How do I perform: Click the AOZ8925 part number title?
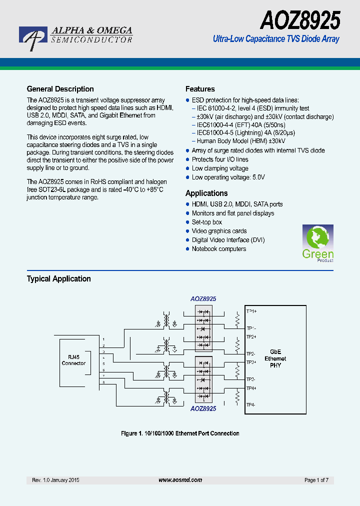[x=300, y=21]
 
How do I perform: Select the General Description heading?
[x=60, y=89]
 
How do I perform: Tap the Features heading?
[x=200, y=89]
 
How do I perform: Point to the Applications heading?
[x=206, y=193]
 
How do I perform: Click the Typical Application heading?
[x=58, y=278]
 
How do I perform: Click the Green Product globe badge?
[x=317, y=242]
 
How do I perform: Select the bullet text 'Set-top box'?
[x=207, y=222]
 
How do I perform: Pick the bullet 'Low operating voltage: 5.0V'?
[x=228, y=177]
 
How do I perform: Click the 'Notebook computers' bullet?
[x=219, y=249]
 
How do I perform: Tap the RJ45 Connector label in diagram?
[x=73, y=360]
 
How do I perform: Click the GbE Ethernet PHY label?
[x=275, y=358]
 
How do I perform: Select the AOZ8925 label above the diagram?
[x=203, y=298]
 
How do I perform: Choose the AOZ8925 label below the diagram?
[x=203, y=408]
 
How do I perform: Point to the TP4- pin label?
[x=251, y=404]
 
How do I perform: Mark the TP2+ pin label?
[x=251, y=336]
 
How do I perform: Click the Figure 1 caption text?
[x=180, y=433]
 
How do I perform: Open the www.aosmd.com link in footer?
[x=180, y=480]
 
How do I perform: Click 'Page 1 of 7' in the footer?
[x=316, y=480]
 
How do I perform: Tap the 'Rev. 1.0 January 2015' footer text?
[x=55, y=480]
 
